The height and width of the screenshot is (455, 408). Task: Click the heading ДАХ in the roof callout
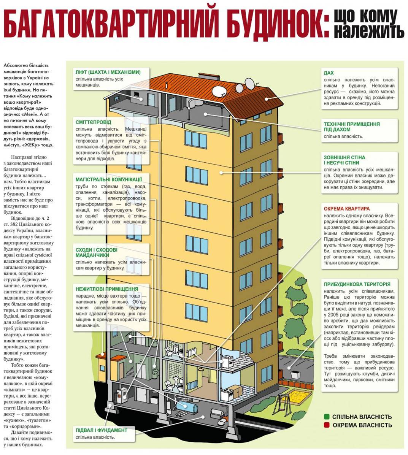[329, 73]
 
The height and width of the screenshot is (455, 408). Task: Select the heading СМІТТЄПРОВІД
[94, 122]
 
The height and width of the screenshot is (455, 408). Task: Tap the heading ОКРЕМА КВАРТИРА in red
[347, 209]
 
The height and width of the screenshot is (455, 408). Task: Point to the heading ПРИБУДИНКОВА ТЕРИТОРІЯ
[357, 284]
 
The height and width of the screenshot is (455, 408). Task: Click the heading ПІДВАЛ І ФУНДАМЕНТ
[102, 430]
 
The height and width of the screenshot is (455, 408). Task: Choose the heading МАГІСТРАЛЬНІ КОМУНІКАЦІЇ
[109, 179]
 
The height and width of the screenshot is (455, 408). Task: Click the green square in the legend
[327, 417]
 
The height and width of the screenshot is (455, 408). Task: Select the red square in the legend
[327, 425]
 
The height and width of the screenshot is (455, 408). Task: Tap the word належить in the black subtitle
[369, 31]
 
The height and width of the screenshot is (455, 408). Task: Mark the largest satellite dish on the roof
[220, 91]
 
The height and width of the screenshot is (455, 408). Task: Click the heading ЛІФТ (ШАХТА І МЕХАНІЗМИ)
[108, 72]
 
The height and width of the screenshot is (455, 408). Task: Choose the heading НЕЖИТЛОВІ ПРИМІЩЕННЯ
[107, 289]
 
